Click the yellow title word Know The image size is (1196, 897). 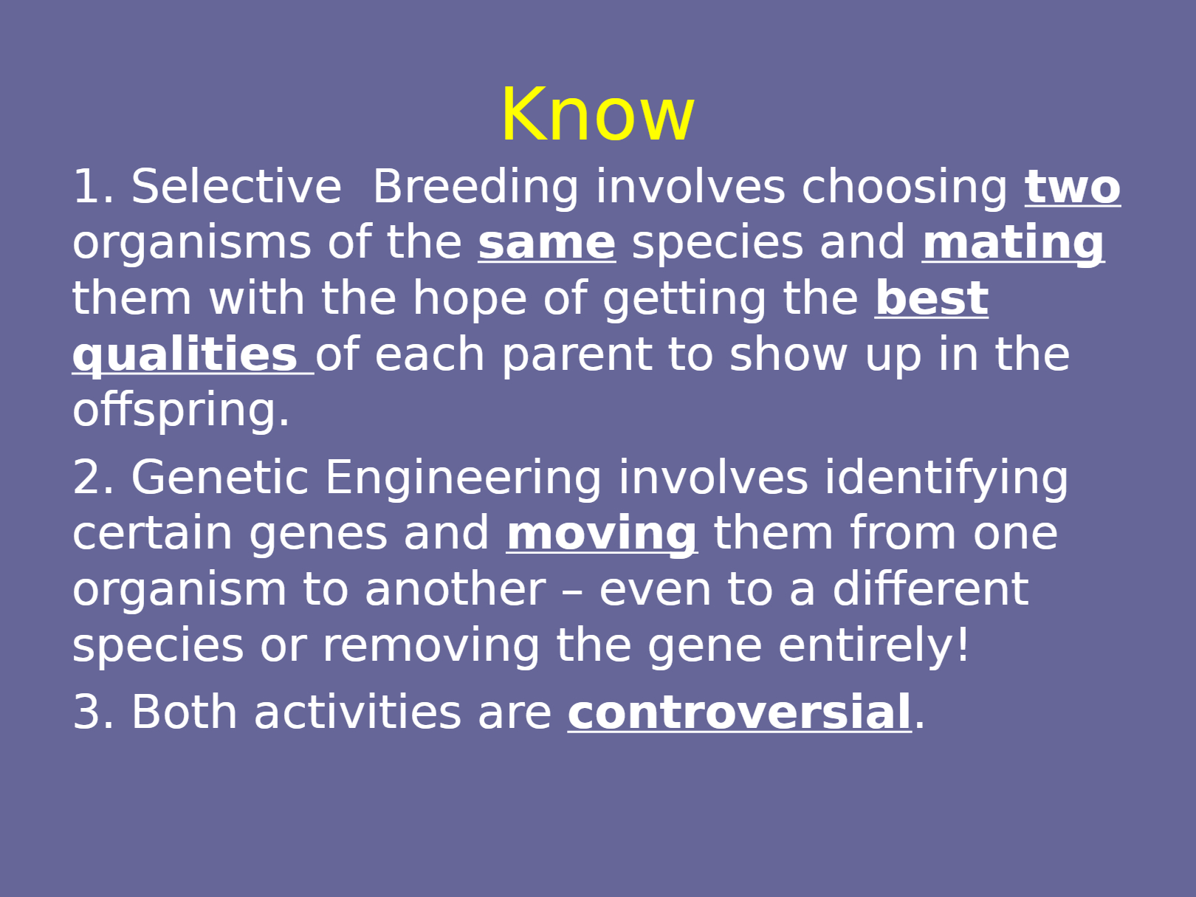click(x=598, y=114)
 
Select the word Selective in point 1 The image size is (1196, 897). click(x=236, y=186)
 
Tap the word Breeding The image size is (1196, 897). click(x=475, y=187)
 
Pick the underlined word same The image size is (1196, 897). click(x=547, y=244)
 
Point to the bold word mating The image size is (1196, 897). click(x=1014, y=244)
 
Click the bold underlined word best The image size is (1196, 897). click(x=932, y=298)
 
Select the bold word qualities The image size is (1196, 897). click(x=185, y=355)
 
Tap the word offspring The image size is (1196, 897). click(x=180, y=410)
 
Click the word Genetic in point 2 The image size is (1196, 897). click(x=220, y=477)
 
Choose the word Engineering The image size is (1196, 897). click(x=463, y=478)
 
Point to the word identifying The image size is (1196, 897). click(x=946, y=478)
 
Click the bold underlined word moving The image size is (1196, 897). click(x=602, y=535)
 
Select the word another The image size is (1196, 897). click(x=456, y=589)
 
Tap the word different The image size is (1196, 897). click(x=931, y=589)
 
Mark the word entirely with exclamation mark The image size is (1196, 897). click(x=874, y=645)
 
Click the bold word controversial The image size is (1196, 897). click(x=740, y=712)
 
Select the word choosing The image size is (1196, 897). click(x=904, y=188)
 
